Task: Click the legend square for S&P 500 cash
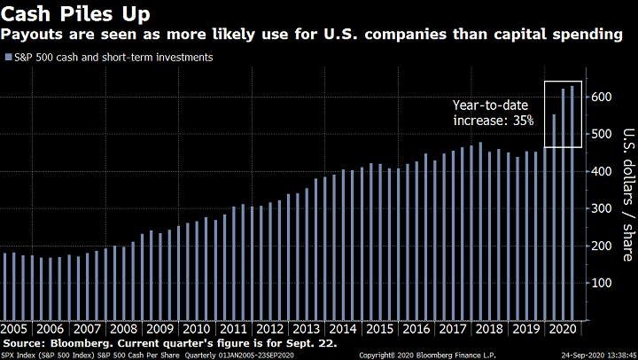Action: [x=9, y=58]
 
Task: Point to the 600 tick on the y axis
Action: [x=603, y=96]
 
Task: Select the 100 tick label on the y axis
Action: [x=603, y=282]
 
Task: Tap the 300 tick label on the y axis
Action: [x=603, y=207]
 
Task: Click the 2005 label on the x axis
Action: [x=17, y=328]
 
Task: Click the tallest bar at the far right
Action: [x=572, y=203]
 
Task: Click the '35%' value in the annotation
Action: [x=520, y=119]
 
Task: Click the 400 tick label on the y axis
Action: [x=603, y=170]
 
